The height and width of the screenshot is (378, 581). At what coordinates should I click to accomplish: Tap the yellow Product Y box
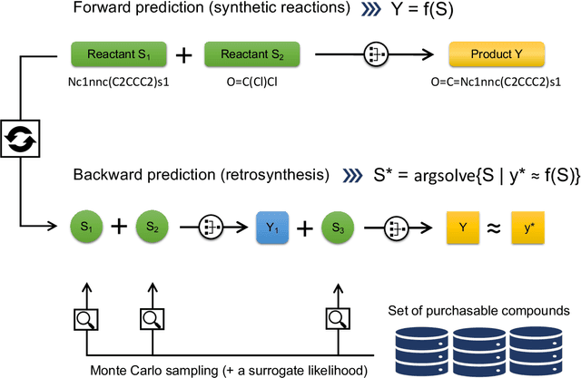pyautogui.click(x=487, y=55)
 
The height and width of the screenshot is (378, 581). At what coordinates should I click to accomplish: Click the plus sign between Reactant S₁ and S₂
pyautogui.click(x=183, y=55)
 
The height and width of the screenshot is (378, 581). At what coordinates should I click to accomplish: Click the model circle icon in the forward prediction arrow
pyautogui.click(x=375, y=55)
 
